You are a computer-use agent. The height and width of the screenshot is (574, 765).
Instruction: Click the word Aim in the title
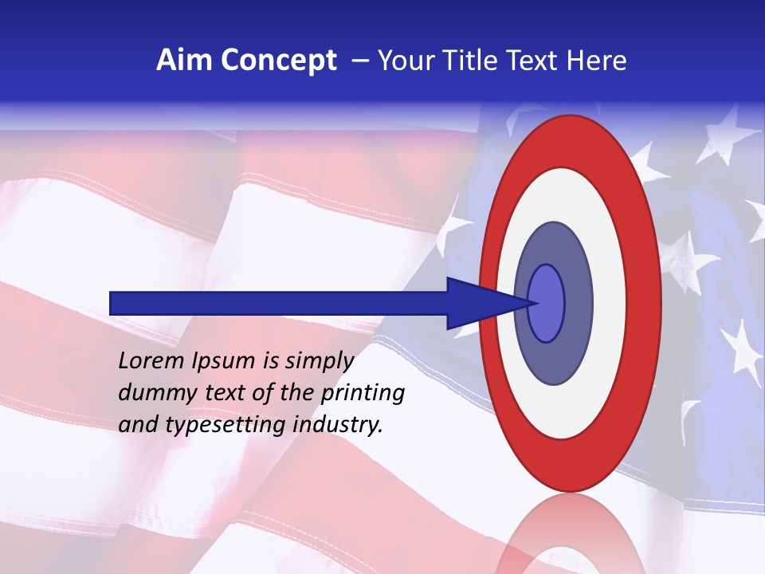(x=184, y=61)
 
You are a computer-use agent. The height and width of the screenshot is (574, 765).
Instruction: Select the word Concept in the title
(x=278, y=61)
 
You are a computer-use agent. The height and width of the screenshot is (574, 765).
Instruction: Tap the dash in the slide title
(x=359, y=61)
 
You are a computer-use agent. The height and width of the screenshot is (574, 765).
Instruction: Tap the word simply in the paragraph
(x=320, y=361)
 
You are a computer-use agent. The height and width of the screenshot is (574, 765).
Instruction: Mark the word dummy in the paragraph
(x=151, y=393)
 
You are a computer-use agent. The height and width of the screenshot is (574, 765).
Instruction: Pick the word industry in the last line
(x=338, y=425)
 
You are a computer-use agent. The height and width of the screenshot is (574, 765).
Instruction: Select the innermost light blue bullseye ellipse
(x=547, y=303)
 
